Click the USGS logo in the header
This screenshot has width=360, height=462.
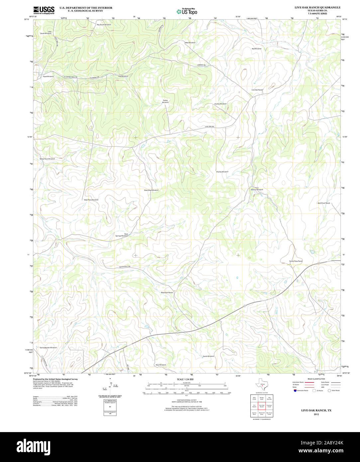[x=44, y=10]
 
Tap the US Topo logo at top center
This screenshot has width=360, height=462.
[x=187, y=11]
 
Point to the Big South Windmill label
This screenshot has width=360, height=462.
[x=104, y=25]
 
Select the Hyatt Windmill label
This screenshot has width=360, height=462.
[x=48, y=76]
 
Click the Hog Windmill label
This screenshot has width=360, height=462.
[x=123, y=76]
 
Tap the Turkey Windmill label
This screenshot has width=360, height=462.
[x=165, y=101]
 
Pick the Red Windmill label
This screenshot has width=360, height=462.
[x=256, y=49]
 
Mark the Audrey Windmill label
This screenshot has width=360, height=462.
[x=220, y=104]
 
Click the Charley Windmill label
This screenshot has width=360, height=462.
[x=222, y=172]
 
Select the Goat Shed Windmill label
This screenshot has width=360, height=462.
[x=151, y=190]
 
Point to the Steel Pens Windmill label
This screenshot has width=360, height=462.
[x=91, y=200]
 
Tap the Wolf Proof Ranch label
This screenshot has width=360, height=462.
[x=323, y=203]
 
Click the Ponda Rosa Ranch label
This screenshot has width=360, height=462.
[x=296, y=261]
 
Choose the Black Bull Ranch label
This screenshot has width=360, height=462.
[x=167, y=292]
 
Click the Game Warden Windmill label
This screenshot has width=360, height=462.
[x=48, y=348]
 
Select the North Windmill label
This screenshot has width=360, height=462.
[x=208, y=356]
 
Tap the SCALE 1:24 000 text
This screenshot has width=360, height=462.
[x=185, y=379]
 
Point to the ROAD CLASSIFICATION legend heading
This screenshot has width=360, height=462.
[x=316, y=379]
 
